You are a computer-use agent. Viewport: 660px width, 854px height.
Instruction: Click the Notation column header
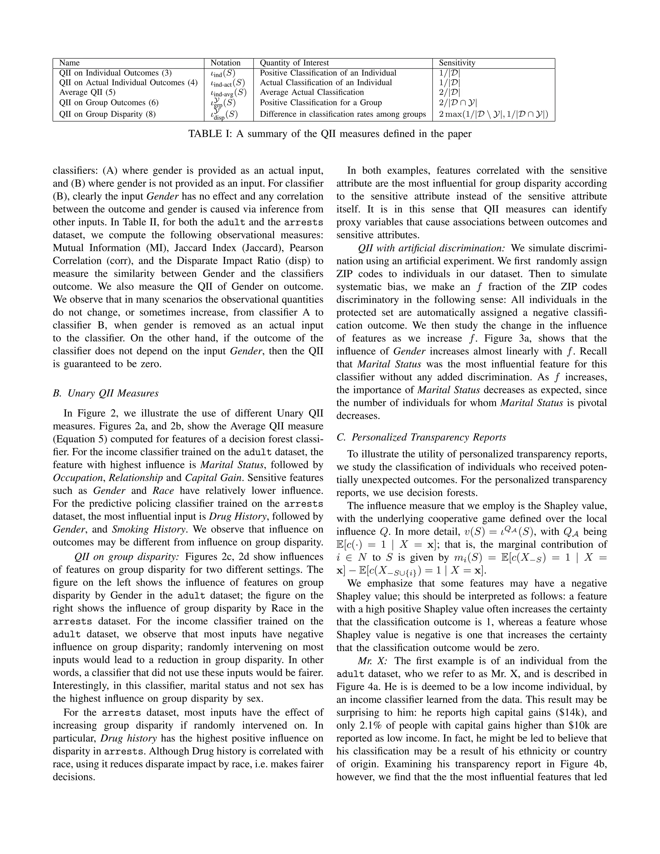click(x=225, y=63)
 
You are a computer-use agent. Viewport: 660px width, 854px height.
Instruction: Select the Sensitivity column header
click(x=457, y=63)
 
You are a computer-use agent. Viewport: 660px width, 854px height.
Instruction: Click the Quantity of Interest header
click(x=294, y=63)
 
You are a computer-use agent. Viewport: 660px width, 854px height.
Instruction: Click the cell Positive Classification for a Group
click(x=321, y=102)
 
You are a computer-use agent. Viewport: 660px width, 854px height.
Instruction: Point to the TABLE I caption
click(x=330, y=134)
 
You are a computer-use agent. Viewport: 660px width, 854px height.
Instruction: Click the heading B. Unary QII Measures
click(x=106, y=393)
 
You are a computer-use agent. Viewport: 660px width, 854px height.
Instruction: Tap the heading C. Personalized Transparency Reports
click(x=421, y=437)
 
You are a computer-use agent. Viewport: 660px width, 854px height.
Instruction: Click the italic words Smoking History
click(x=148, y=529)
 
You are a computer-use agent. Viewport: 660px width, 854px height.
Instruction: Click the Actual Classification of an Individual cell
click(x=326, y=82)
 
